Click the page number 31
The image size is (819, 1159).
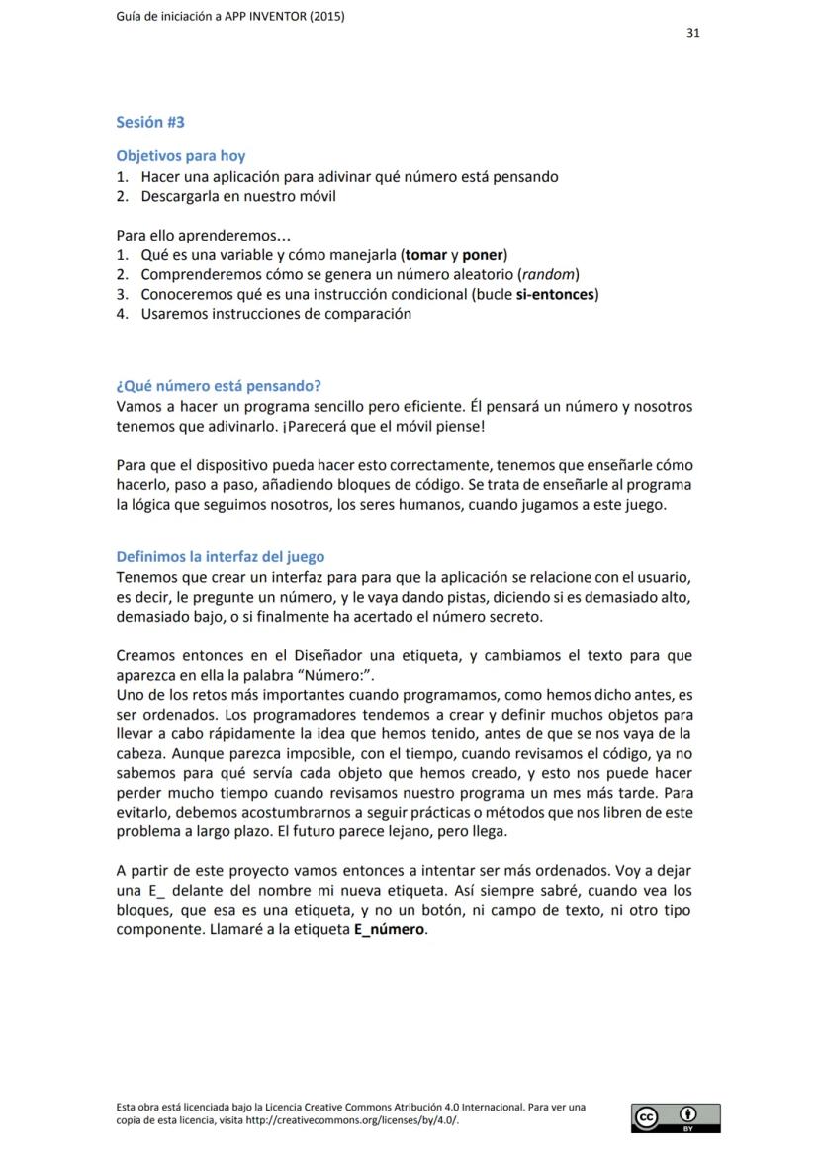click(693, 33)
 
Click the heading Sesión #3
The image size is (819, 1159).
click(150, 123)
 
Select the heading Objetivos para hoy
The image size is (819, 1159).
click(181, 156)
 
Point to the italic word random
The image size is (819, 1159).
click(547, 274)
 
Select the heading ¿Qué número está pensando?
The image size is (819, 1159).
click(219, 386)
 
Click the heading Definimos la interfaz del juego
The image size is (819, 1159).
click(221, 557)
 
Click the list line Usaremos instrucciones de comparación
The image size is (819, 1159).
click(276, 314)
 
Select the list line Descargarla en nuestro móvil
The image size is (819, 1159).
click(238, 196)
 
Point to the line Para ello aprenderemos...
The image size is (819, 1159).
click(203, 236)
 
